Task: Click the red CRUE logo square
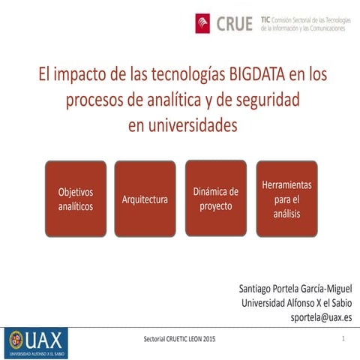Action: (203, 24)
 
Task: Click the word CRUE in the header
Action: (234, 24)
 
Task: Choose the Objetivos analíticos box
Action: (76, 199)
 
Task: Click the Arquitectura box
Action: (145, 199)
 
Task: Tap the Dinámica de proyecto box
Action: (215, 198)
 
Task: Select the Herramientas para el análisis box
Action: (286, 199)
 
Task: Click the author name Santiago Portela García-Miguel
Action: (295, 289)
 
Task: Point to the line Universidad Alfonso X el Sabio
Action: (296, 303)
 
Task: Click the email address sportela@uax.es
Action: (321, 317)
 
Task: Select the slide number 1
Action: (342, 340)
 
